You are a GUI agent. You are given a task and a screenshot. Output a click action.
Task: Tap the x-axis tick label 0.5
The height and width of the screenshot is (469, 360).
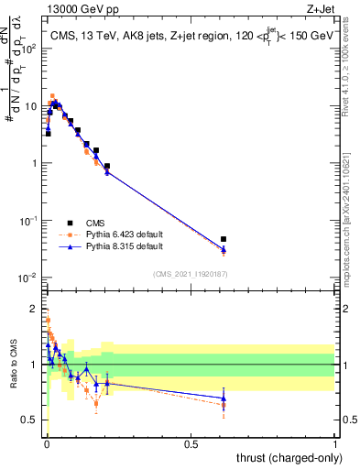point(191,443)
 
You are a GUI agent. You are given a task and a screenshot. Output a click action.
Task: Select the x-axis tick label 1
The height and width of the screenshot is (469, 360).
point(335,443)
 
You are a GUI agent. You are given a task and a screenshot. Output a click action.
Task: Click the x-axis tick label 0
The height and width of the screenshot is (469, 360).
point(46,443)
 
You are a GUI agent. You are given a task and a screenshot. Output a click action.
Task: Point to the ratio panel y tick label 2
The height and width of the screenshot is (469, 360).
point(35,309)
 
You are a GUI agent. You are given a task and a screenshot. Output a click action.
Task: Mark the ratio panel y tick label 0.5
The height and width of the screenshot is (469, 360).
point(30,420)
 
